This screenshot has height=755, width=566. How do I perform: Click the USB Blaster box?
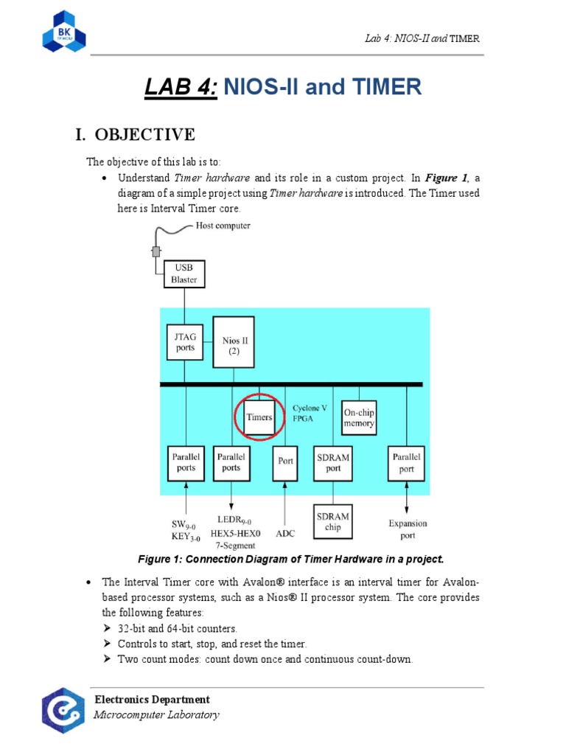184,274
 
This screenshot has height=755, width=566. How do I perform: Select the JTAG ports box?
186,342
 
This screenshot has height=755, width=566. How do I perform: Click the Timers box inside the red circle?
259,417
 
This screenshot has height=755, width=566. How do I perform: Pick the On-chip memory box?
358,418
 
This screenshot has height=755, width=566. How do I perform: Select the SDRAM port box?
332,462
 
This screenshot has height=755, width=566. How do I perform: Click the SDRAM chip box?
332,522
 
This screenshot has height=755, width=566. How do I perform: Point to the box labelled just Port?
285,462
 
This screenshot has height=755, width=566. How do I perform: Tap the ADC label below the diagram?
285,531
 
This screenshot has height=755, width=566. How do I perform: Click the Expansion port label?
408,529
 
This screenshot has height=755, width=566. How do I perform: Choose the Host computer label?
223,226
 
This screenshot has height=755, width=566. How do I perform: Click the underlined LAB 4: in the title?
181,88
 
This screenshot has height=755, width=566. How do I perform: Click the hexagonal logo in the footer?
63,710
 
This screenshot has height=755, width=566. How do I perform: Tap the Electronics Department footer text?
152,700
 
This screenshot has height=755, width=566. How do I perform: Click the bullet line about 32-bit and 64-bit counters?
177,629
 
